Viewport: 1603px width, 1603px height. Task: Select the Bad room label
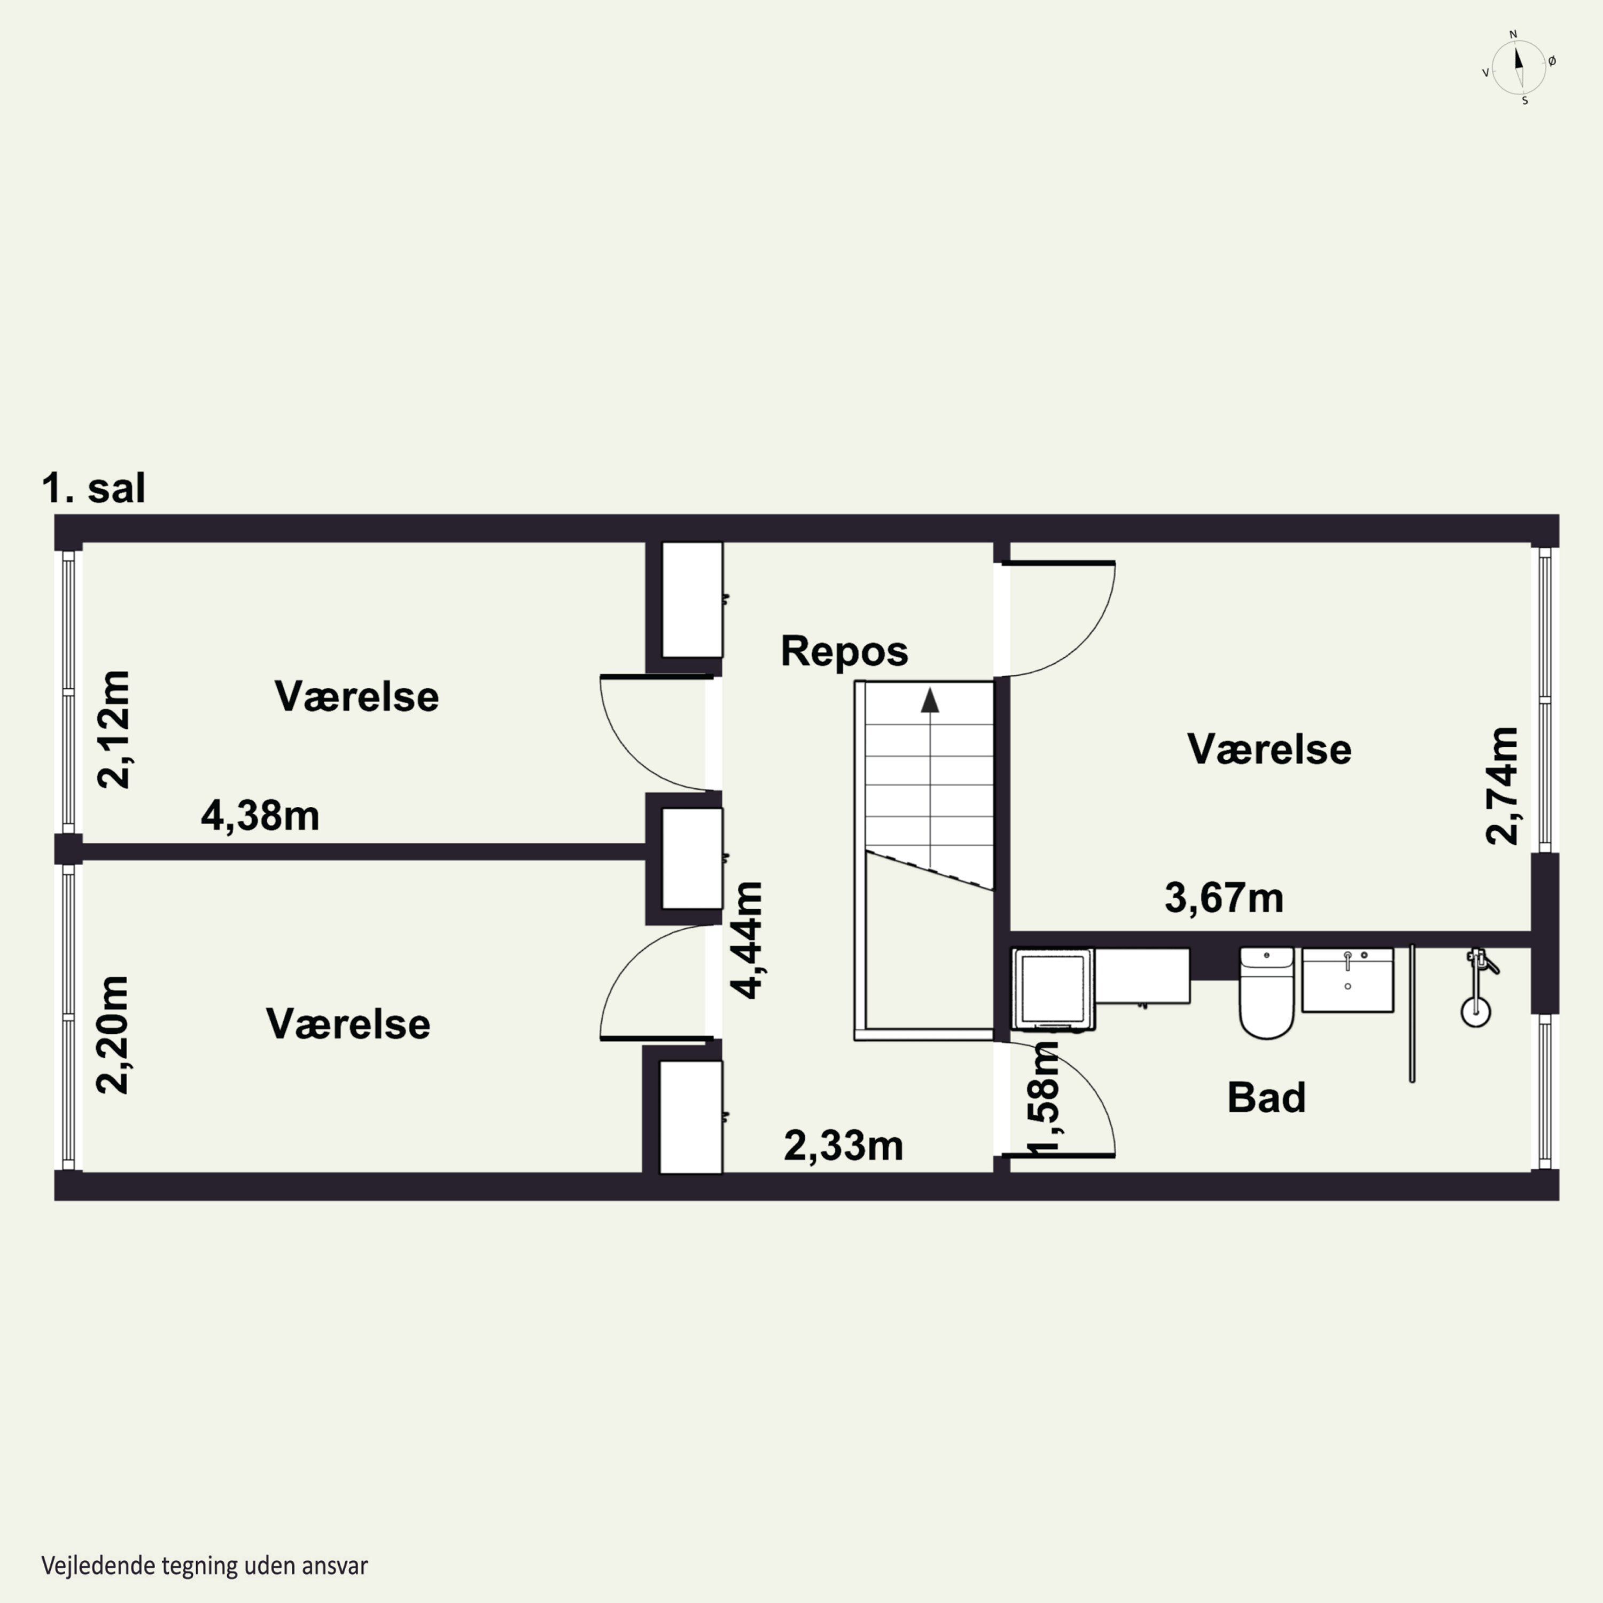click(1266, 1097)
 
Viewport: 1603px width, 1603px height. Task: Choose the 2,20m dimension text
click(113, 1034)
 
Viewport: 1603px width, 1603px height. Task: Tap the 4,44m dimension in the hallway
click(746, 940)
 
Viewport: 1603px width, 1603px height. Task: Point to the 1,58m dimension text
click(1044, 1099)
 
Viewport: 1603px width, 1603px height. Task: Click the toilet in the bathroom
click(1266, 993)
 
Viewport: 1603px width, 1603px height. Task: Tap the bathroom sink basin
click(1348, 980)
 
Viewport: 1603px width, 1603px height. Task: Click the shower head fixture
click(1475, 987)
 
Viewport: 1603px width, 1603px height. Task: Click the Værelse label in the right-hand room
click(1270, 749)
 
